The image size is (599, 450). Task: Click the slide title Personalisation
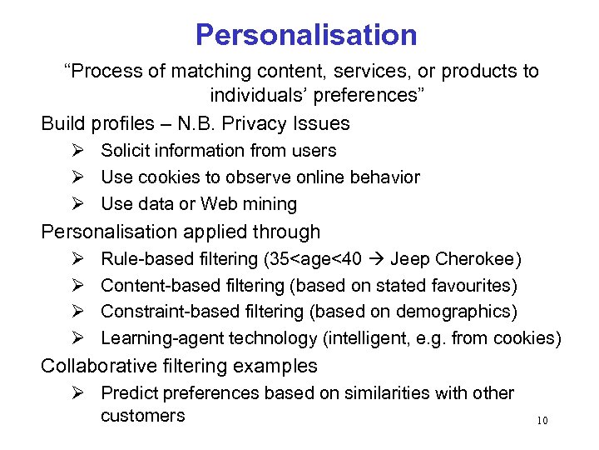[x=306, y=35]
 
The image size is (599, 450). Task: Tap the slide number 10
[x=542, y=421]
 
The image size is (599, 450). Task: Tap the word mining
[x=270, y=204]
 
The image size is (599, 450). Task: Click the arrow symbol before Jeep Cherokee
[x=376, y=258]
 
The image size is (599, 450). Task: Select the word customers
[x=142, y=415]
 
